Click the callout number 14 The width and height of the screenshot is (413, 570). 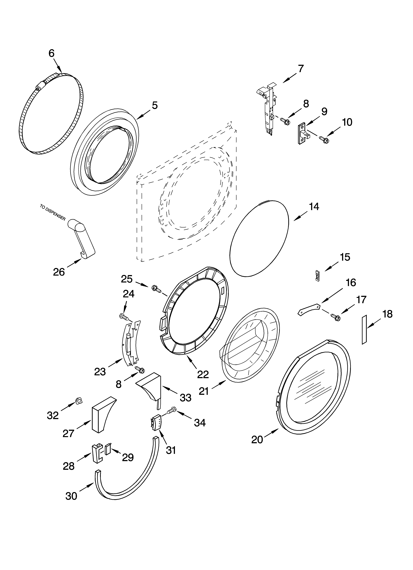pos(314,207)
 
